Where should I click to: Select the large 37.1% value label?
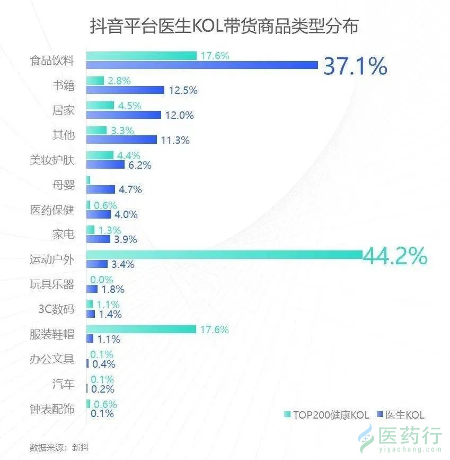355,66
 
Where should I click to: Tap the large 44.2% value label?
395,256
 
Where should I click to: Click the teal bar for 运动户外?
224,255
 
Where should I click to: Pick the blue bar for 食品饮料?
201,65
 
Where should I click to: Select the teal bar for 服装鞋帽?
141,330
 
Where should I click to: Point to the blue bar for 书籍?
125,90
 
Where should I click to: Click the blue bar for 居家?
123,115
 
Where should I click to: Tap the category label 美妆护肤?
52,160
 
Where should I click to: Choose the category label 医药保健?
52,210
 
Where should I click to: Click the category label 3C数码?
56,309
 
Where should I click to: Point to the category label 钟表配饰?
52,409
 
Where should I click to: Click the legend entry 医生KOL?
401,415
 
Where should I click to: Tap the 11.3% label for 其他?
175,140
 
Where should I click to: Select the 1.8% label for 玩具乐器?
112,289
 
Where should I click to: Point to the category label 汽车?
64,383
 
